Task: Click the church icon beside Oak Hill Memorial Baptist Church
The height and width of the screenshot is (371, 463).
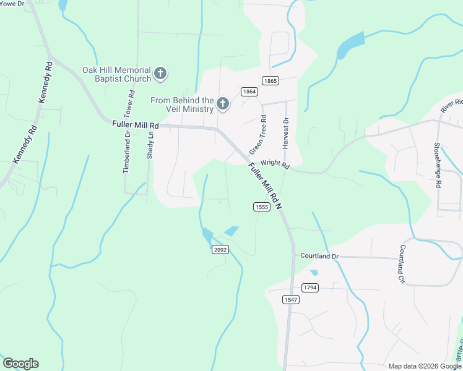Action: (160, 74)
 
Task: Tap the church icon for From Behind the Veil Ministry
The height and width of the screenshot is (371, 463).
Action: (222, 104)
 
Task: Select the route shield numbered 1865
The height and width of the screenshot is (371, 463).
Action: (270, 80)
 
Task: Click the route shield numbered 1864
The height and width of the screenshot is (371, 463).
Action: (249, 92)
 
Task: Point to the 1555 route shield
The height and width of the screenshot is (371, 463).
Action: (261, 207)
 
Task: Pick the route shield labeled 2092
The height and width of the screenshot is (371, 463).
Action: (220, 249)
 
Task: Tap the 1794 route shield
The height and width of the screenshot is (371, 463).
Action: (310, 288)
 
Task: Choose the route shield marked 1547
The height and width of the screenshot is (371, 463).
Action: (291, 299)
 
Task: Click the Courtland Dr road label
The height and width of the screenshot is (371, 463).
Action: (320, 255)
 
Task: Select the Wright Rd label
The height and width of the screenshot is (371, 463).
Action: (275, 164)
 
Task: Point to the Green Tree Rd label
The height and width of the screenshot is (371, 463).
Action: (257, 135)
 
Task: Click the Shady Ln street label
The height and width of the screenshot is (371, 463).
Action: (150, 145)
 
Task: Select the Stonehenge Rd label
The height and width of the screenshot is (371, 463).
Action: (437, 165)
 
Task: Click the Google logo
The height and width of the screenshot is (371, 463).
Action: (20, 364)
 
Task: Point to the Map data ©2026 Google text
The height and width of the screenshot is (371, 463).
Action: (424, 366)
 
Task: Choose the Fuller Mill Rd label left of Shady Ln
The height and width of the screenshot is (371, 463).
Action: (136, 124)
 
